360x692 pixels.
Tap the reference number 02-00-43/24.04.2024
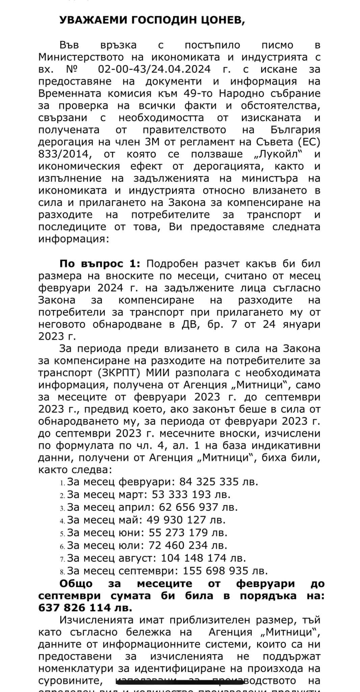pyautogui.click(x=154, y=69)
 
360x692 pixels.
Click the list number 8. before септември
pyautogui.click(x=62, y=572)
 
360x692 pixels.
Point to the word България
pyautogui.click(x=295, y=130)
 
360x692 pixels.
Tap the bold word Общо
pyautogui.click(x=76, y=584)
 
